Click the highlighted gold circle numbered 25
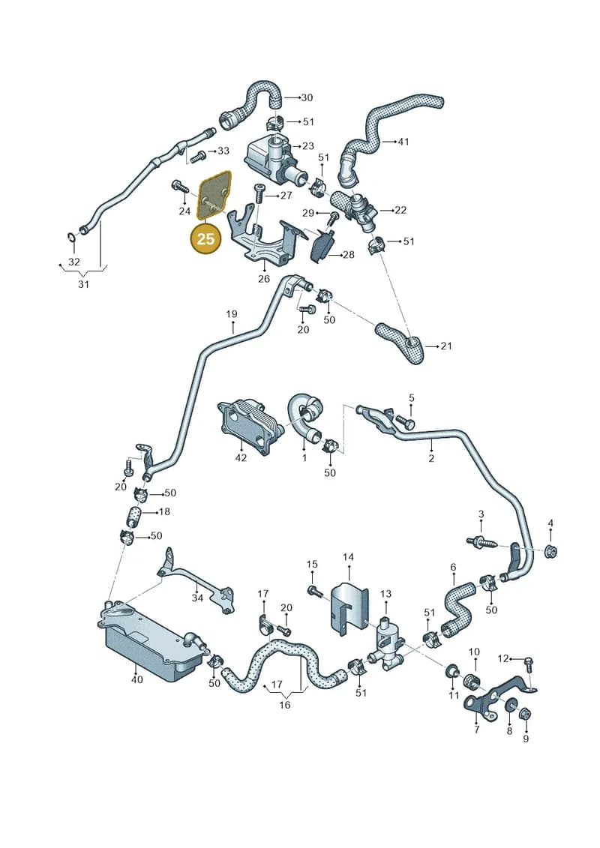[x=205, y=238]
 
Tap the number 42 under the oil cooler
[x=241, y=457]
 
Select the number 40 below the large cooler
[x=137, y=679]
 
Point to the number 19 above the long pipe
[x=232, y=313]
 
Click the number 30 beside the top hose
[x=307, y=97]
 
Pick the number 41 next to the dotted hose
[x=403, y=142]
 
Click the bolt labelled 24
[x=178, y=185]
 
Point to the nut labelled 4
[x=550, y=552]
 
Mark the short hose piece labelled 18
[x=133, y=516]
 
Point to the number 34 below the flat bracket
[x=197, y=598]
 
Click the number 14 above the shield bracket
[x=348, y=556]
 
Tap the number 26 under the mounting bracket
[x=263, y=278]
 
